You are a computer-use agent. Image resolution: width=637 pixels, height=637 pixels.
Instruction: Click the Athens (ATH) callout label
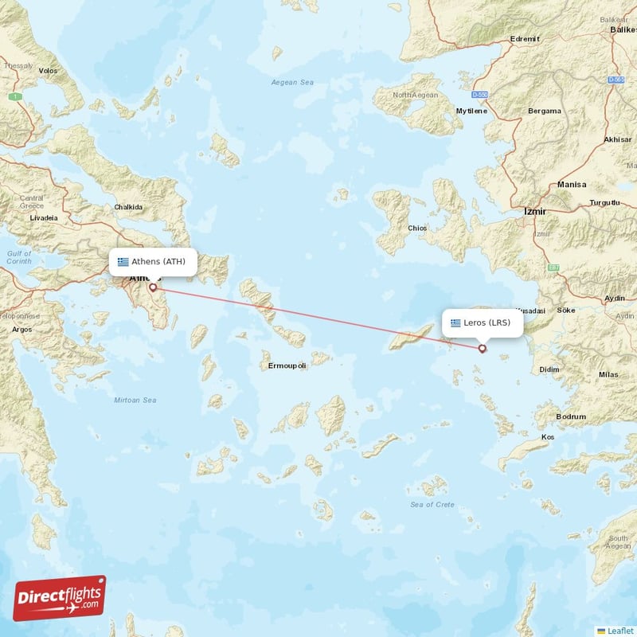pyautogui.click(x=153, y=261)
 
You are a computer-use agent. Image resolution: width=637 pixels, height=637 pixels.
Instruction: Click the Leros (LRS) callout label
pyautogui.click(x=482, y=322)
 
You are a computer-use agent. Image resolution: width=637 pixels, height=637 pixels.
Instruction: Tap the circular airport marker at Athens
pyautogui.click(x=152, y=287)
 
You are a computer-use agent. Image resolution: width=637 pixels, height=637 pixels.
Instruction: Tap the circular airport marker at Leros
pyautogui.click(x=482, y=348)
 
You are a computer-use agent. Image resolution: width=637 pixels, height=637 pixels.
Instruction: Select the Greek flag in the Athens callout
pyautogui.click(x=123, y=261)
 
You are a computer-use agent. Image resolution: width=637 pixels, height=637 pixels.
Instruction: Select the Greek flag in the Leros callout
pyautogui.click(x=455, y=322)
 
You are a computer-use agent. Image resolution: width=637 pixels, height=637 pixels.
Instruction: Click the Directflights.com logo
pyautogui.click(x=60, y=598)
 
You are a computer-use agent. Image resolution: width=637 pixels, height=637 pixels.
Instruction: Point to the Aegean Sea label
pyautogui.click(x=292, y=82)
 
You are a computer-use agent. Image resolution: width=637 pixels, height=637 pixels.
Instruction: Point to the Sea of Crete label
pyautogui.click(x=432, y=505)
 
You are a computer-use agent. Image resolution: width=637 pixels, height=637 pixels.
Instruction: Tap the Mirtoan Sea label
pyautogui.click(x=135, y=400)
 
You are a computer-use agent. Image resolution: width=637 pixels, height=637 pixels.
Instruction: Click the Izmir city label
pyautogui.click(x=533, y=212)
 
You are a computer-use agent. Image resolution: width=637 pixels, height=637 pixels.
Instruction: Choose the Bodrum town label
pyautogui.click(x=571, y=416)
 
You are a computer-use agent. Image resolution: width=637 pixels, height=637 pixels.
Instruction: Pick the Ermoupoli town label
pyautogui.click(x=287, y=365)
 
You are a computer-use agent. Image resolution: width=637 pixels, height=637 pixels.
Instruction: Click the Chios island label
pyautogui.click(x=416, y=228)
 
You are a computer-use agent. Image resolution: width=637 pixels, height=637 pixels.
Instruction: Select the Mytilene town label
pyautogui.click(x=471, y=111)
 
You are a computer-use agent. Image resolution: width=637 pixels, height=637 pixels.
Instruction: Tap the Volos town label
pyautogui.click(x=48, y=71)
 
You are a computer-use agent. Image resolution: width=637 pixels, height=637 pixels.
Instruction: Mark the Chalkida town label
pyautogui.click(x=128, y=207)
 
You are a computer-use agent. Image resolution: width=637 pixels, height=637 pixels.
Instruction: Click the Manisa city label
pyautogui.click(x=571, y=184)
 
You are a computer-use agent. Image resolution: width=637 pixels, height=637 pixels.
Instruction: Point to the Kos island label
pyautogui.click(x=547, y=437)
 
